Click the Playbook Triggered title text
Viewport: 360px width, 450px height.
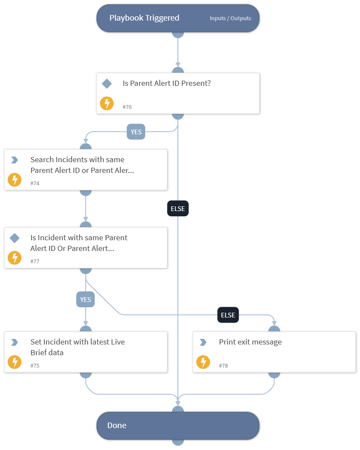coord(144,18)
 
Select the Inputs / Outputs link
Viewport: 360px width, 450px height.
coord(230,18)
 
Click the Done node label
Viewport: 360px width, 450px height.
coord(117,426)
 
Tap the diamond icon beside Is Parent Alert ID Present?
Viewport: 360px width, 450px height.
coord(107,84)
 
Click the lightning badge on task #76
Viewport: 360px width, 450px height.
coord(107,103)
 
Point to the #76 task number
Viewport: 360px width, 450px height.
coord(127,107)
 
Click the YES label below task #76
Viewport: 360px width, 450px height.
coord(136,132)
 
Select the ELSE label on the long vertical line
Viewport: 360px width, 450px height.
coord(177,209)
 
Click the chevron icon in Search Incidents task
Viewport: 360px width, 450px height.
coord(15,160)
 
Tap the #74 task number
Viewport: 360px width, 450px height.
coord(35,183)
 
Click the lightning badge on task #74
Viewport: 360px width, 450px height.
coord(15,180)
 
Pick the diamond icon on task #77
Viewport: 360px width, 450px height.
coord(15,238)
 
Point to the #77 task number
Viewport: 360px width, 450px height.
coord(35,261)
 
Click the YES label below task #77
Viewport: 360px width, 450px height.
coord(86,299)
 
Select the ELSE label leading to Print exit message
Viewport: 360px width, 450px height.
coord(228,315)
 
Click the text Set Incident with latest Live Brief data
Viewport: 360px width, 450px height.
coord(77,347)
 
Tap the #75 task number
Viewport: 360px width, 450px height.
coord(35,366)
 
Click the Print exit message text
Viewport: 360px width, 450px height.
coord(250,342)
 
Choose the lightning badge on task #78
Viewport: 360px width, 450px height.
coord(203,362)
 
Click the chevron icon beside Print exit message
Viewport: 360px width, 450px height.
coord(203,342)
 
